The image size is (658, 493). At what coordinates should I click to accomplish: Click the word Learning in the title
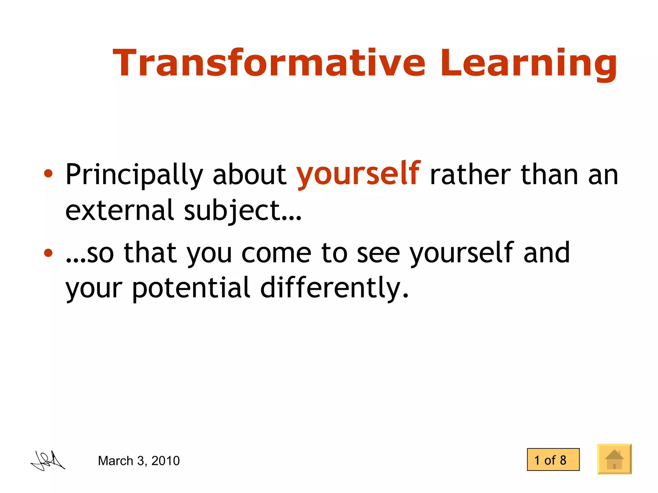[x=529, y=63]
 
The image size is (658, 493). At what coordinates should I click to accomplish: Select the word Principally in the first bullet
[x=134, y=175]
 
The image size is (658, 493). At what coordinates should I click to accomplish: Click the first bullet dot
[x=48, y=174]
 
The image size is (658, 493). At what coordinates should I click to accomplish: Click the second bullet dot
[x=48, y=253]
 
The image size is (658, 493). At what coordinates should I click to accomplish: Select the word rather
[x=470, y=175]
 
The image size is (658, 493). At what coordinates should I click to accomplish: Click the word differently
[x=334, y=287]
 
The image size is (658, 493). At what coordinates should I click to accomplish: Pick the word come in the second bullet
[x=276, y=253]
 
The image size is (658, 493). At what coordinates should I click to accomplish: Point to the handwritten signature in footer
[x=48, y=461]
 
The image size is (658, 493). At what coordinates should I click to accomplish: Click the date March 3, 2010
[x=139, y=461]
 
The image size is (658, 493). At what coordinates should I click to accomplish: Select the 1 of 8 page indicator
[x=553, y=460]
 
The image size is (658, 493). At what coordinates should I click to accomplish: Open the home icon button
[x=614, y=459]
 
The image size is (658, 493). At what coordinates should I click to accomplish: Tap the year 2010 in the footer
[x=165, y=461]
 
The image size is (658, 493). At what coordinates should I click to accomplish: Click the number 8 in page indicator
[x=563, y=460]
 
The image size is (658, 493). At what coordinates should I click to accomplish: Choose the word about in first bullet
[x=249, y=175]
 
